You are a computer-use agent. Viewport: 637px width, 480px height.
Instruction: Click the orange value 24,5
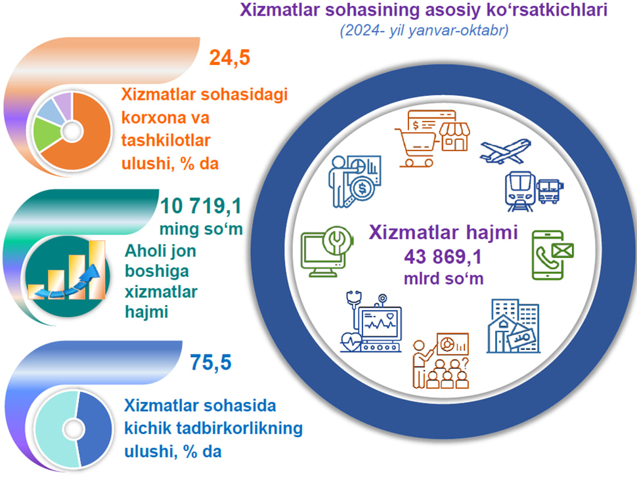(230, 58)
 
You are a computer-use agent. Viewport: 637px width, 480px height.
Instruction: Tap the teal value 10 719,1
(201, 206)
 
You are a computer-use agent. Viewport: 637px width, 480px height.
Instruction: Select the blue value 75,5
(211, 362)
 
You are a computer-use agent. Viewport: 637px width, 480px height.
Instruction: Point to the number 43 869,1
(443, 257)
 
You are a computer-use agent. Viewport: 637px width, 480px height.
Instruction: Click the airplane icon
(506, 151)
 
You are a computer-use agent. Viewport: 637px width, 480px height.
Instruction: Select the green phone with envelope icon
(552, 255)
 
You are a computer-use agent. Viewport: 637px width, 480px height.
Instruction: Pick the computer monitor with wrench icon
(327, 251)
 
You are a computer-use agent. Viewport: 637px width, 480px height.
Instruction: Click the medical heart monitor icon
(371, 322)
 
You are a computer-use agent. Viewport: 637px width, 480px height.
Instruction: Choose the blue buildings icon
(513, 326)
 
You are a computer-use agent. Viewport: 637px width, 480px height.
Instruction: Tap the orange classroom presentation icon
(441, 360)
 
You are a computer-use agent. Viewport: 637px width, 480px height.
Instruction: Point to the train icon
(519, 191)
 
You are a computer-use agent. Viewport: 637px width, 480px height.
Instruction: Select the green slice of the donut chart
(47, 134)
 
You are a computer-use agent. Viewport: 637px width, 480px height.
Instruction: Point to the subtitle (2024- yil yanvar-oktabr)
(424, 31)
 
